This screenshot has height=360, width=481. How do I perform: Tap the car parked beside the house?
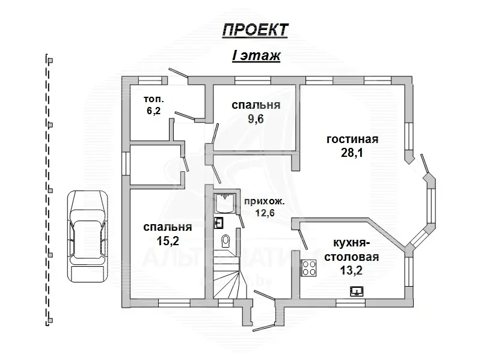[x=87, y=236]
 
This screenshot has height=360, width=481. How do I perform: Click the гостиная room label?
[x=352, y=139]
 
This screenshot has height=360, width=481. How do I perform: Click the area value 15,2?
[x=167, y=240]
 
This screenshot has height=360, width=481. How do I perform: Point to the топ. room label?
[x=153, y=99]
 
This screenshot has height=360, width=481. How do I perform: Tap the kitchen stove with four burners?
[x=309, y=267]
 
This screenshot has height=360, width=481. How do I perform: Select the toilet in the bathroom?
[x=225, y=242]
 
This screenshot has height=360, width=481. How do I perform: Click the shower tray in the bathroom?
[x=227, y=204]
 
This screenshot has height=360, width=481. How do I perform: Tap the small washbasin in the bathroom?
[x=218, y=223]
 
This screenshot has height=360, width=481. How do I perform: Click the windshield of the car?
[x=87, y=225]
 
